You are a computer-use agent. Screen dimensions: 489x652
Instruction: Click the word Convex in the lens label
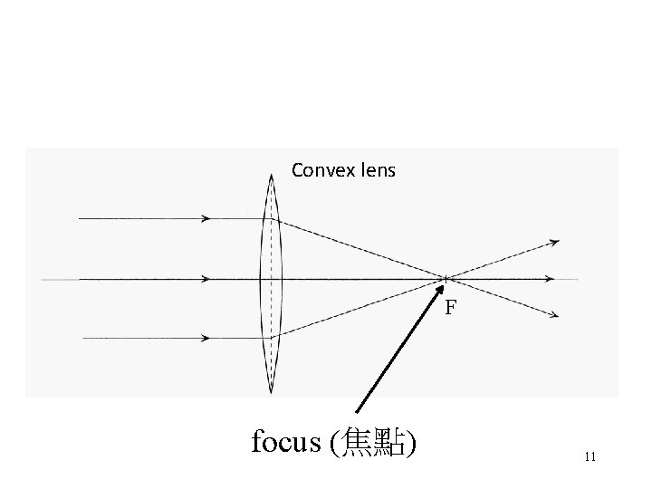pos(318,169)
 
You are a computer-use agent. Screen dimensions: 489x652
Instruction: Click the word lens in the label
pos(376,169)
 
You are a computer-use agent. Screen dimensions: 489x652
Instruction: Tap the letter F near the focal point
pos(450,308)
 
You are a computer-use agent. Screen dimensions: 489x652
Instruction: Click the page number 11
pos(590,456)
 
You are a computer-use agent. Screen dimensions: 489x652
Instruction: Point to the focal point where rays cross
pos(446,278)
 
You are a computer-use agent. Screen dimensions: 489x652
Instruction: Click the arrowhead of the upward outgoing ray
pos(554,242)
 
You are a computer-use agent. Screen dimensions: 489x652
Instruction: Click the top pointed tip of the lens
pos(271,175)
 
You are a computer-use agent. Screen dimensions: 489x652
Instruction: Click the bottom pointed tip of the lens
pos(271,393)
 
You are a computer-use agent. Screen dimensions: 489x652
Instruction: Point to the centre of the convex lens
pos(271,278)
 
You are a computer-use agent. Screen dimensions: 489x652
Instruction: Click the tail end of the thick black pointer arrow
pos(356,414)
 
